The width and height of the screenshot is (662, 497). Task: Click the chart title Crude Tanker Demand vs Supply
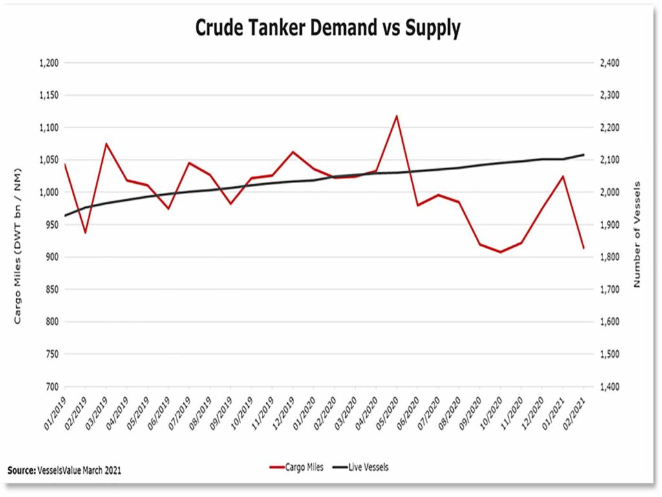328,28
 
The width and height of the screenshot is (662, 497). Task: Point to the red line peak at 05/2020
396,116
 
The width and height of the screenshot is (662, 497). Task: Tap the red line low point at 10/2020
500,252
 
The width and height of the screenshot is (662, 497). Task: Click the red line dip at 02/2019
85,232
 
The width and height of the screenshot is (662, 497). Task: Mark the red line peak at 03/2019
106,144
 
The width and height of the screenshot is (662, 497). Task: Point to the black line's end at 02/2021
584,155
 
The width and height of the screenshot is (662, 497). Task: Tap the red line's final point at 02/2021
584,248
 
